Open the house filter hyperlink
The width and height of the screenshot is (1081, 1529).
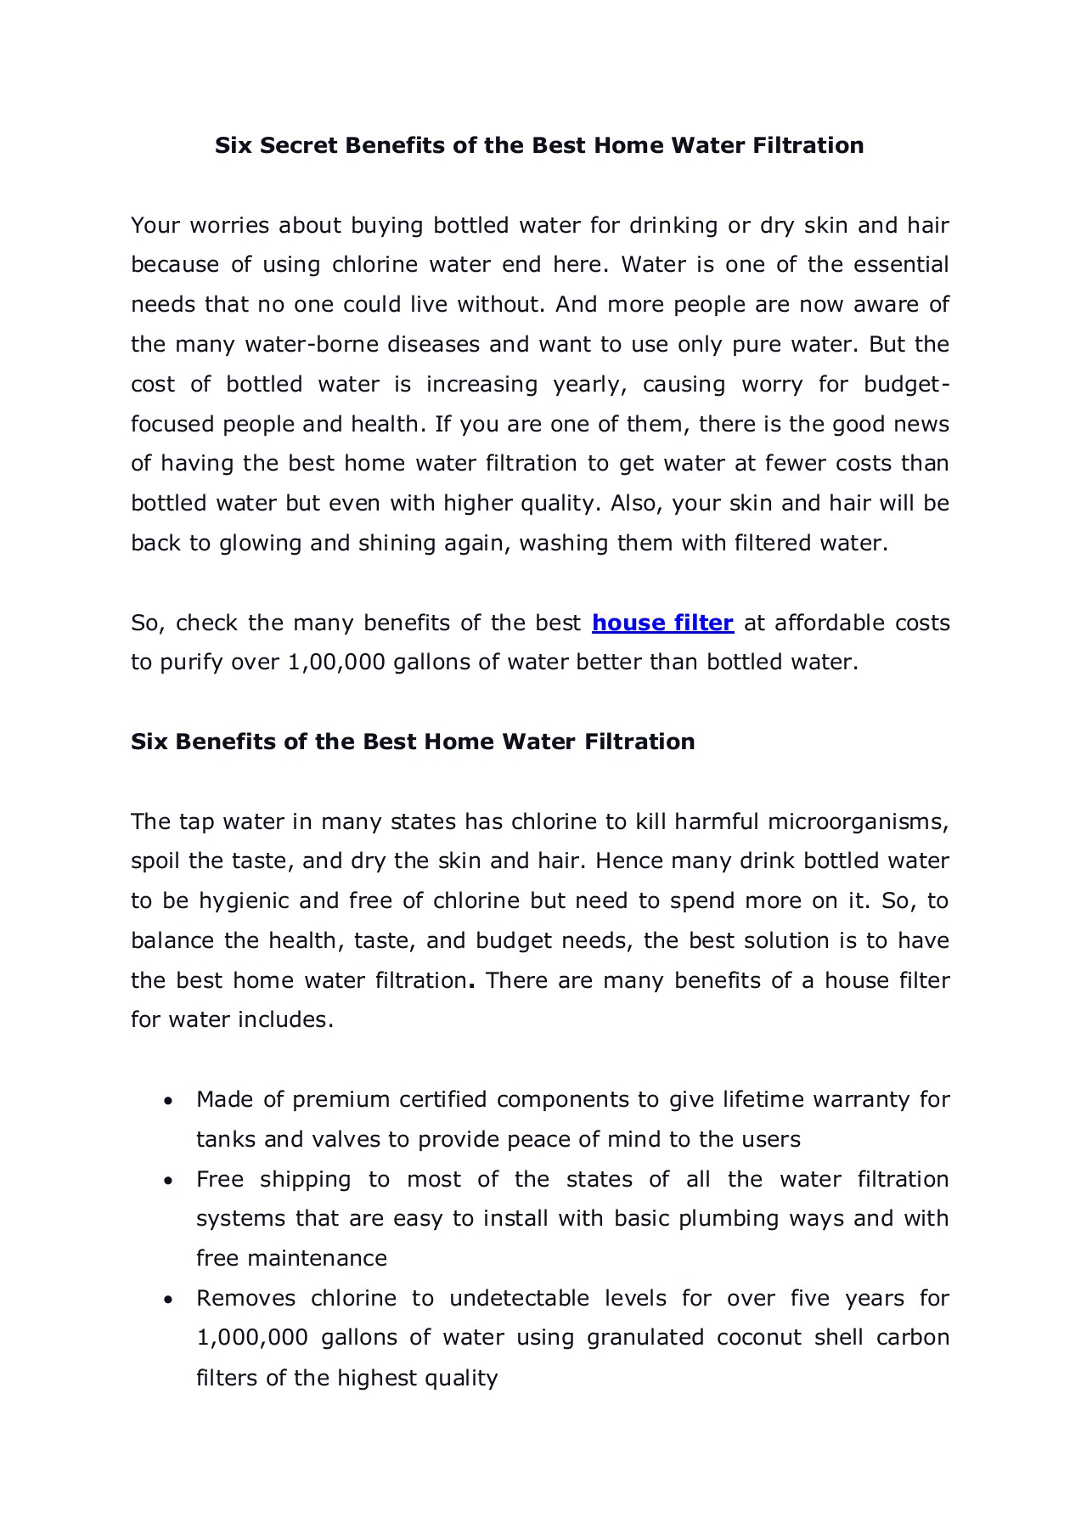[x=662, y=623]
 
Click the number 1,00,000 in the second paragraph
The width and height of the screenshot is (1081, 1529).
[x=336, y=663]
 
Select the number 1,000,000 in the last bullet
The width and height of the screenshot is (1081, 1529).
[x=252, y=1338]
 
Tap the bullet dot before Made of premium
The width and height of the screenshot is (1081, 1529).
[x=169, y=1101]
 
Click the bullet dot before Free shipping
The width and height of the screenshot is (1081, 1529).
[x=169, y=1181]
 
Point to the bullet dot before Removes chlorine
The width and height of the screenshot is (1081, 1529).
[x=169, y=1300]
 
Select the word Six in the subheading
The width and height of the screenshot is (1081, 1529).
[x=149, y=742]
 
